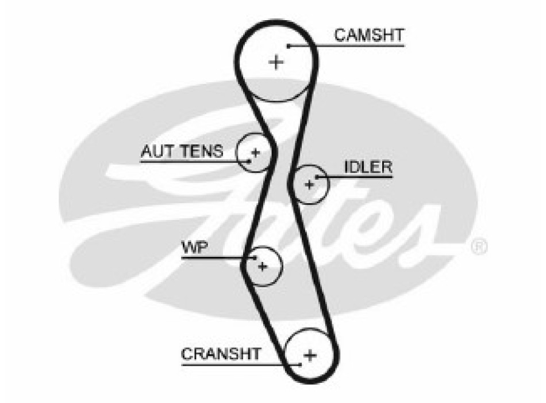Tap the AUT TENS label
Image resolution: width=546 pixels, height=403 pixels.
pyautogui.click(x=182, y=151)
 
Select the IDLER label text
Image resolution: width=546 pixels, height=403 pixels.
pyautogui.click(x=368, y=167)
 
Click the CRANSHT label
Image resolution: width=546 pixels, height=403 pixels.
pyautogui.click(x=221, y=353)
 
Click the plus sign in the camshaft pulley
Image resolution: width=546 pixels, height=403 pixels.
pyautogui.click(x=276, y=62)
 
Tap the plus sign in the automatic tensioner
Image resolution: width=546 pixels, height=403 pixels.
pyautogui.click(x=256, y=153)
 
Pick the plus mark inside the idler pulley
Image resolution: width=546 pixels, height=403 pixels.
pyautogui.click(x=310, y=184)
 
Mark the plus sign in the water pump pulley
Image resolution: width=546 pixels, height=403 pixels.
pyautogui.click(x=263, y=267)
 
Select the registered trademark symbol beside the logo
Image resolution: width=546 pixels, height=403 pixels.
pyautogui.click(x=479, y=248)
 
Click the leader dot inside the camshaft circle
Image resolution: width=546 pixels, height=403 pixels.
pyautogui.click(x=289, y=45)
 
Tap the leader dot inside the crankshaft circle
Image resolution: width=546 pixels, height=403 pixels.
pyautogui.click(x=299, y=364)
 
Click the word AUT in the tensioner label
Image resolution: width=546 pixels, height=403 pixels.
pyautogui.click(x=154, y=151)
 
